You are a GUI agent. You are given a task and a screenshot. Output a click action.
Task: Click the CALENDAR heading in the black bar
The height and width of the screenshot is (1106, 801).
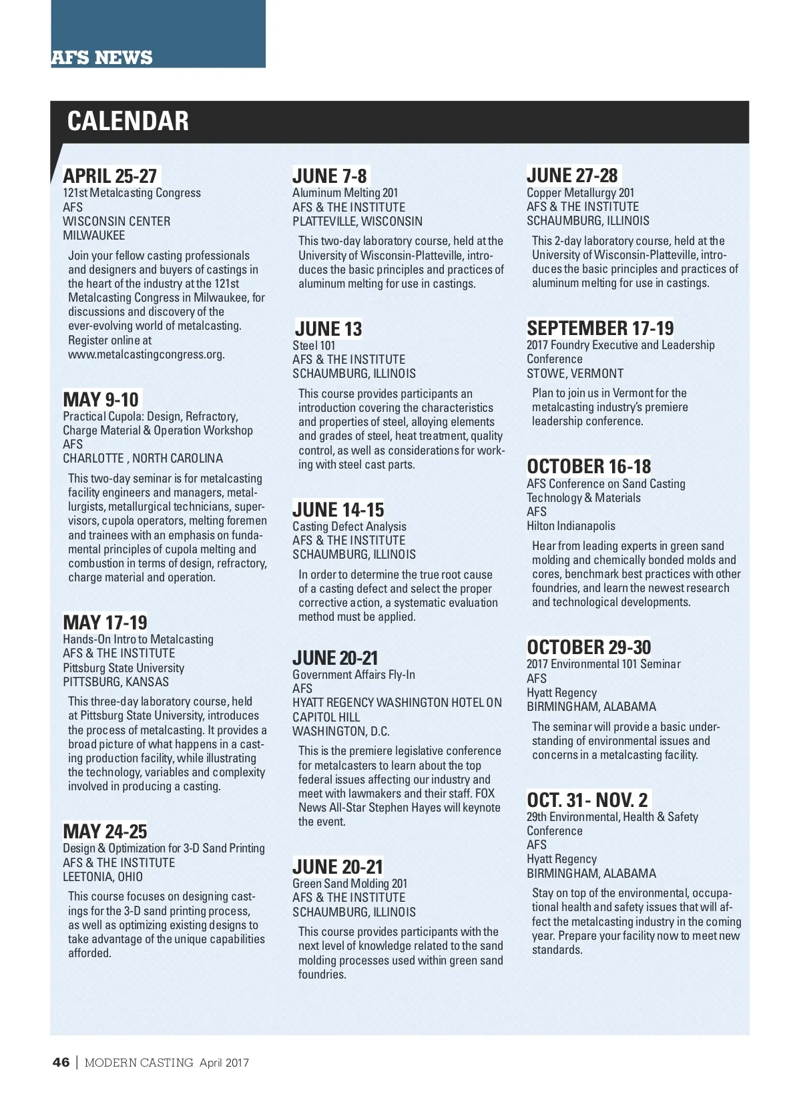pos(128,121)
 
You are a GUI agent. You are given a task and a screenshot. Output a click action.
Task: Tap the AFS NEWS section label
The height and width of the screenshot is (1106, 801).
pos(102,58)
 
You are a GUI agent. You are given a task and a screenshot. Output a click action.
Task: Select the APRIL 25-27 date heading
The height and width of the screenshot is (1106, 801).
pos(110,176)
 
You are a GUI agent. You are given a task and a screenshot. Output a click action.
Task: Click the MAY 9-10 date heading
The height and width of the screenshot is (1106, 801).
pos(101,400)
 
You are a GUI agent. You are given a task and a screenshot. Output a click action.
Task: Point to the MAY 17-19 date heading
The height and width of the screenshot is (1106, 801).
pos(105,623)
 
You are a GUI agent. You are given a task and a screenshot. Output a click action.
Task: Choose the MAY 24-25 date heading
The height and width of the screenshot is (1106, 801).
pos(105,832)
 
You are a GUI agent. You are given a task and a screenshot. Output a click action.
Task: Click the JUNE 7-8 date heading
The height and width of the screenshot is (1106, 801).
pos(330,176)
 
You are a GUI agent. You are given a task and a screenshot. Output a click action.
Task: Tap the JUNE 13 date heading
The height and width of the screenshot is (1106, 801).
pos(328,329)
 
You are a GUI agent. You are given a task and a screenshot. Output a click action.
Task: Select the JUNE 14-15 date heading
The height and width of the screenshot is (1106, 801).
pos(338,510)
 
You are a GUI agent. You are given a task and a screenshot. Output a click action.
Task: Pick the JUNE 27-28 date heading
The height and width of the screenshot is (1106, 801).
pos(572,176)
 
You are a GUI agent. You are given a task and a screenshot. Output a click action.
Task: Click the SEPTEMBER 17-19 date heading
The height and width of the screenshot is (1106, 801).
pos(600,328)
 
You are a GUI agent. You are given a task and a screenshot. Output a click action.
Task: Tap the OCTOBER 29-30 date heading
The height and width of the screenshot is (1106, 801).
pos(589,647)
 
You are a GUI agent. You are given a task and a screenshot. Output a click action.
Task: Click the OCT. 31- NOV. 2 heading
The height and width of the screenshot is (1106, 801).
pos(587,800)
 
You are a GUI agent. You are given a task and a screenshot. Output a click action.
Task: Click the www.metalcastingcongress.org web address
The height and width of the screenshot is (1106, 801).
pos(146,354)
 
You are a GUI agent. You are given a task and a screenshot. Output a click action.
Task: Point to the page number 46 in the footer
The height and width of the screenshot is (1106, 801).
pos(61,1063)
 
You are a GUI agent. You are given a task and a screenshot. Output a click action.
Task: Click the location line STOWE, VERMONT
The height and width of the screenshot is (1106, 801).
pos(575,374)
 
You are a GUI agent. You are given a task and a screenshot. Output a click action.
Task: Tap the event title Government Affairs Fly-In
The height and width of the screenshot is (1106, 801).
pos(354,675)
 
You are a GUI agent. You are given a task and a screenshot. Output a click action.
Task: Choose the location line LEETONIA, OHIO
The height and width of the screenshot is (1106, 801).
pos(103,877)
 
